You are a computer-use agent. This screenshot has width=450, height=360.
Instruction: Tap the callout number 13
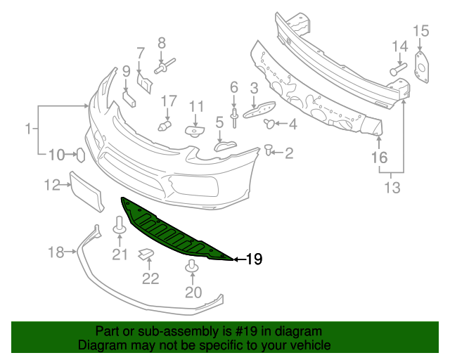[x=392, y=187]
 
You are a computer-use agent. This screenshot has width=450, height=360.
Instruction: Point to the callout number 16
[x=379, y=158]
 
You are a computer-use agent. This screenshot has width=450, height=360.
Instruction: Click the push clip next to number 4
[x=269, y=124]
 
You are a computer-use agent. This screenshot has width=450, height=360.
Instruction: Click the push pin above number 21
[x=120, y=226]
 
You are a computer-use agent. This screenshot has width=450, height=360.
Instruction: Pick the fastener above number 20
[x=192, y=267]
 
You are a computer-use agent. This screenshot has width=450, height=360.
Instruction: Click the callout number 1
[x=29, y=129]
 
